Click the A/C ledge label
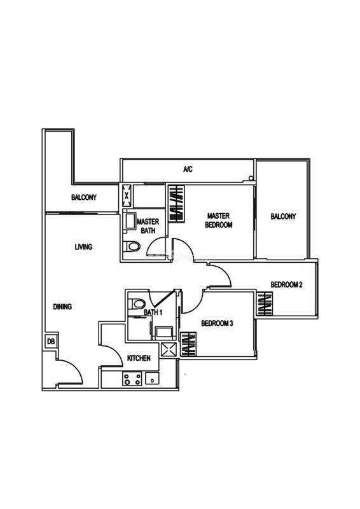tap(188, 169)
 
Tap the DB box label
tap(51, 342)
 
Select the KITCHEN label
tap(139, 358)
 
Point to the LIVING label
tap(83, 247)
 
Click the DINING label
tap(62, 307)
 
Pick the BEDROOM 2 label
tap(287, 284)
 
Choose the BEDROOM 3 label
tap(217, 323)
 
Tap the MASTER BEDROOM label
tap(218, 220)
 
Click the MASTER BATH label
tap(148, 227)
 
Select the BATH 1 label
tap(153, 312)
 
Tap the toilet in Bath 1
tap(136, 304)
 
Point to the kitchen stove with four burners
tap(132, 379)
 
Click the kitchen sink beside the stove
tap(152, 379)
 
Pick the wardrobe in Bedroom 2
tap(265, 303)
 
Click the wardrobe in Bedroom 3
tap(188, 344)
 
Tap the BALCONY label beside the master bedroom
tap(283, 216)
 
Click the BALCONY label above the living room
tap(84, 197)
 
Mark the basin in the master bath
tap(131, 221)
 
